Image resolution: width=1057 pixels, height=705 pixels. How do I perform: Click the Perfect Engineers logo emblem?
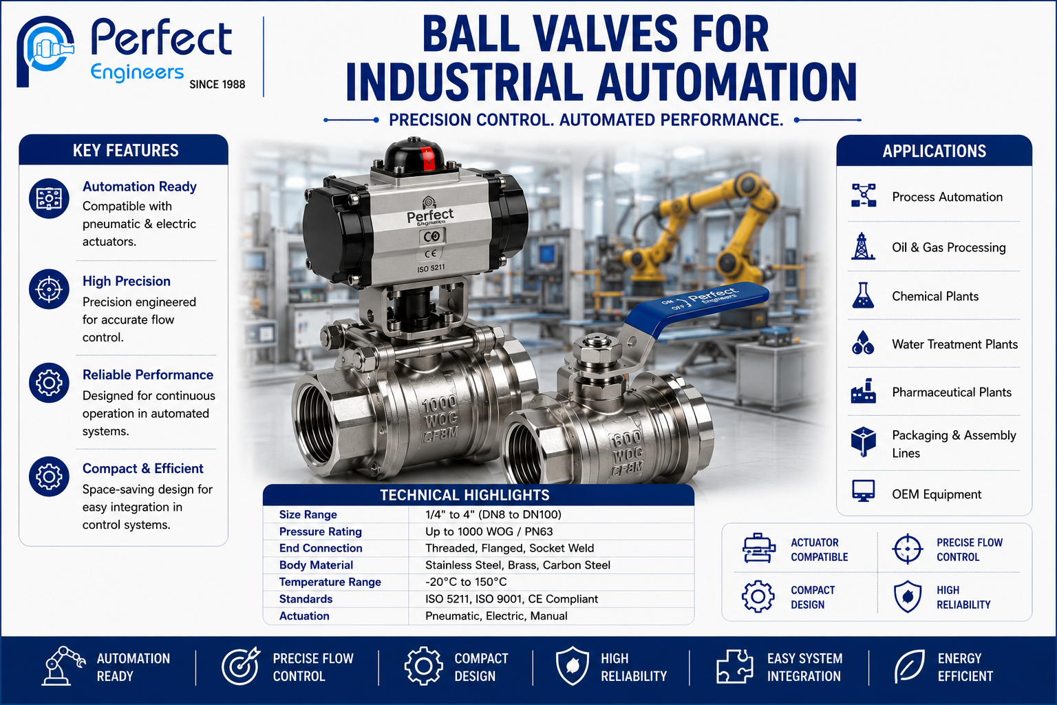tap(45, 51)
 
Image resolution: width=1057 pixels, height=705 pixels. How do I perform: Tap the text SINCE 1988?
tap(217, 85)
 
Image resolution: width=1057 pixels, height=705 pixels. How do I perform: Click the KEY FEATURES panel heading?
tap(125, 151)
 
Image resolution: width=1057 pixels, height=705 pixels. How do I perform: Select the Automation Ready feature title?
tap(139, 187)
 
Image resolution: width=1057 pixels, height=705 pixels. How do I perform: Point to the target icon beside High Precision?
tap(49, 289)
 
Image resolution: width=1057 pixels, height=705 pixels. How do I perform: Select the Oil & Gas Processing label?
tap(948, 247)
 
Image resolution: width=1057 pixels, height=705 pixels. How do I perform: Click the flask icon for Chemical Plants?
tap(863, 295)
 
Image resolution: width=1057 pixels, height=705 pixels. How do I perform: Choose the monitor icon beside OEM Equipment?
tap(863, 491)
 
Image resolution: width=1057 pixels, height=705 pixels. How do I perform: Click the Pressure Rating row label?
tap(321, 532)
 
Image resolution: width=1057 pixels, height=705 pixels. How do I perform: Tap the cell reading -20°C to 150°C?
tap(466, 582)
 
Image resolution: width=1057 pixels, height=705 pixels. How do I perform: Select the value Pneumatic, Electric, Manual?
tap(496, 616)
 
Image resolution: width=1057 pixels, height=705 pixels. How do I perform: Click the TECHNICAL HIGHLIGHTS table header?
tap(465, 495)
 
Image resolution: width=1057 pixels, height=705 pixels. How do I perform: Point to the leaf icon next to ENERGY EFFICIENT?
tap(909, 666)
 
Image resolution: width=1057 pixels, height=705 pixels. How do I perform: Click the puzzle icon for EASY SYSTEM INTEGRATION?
tap(734, 666)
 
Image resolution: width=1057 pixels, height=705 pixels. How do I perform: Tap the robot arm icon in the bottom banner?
tap(63, 666)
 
